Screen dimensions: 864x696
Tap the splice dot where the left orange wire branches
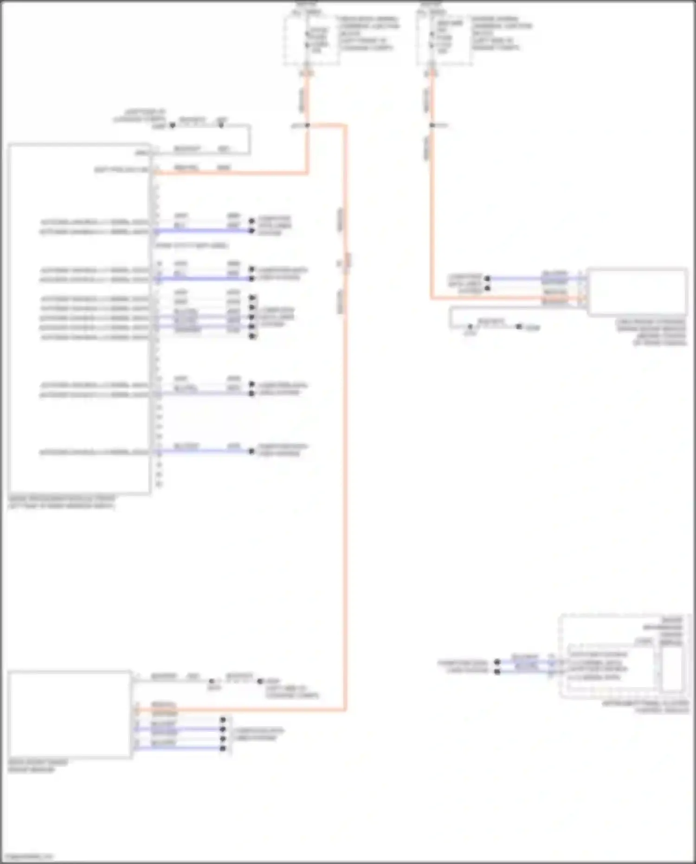(x=307, y=125)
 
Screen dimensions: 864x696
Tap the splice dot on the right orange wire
(x=432, y=125)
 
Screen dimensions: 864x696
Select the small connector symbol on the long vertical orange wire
(x=348, y=261)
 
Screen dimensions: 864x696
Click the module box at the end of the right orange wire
(x=637, y=292)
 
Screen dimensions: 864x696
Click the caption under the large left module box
(x=62, y=502)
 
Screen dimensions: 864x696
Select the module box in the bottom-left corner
(x=70, y=714)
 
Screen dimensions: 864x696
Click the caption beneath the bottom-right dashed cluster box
(x=645, y=707)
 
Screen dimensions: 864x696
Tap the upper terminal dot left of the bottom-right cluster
(x=497, y=662)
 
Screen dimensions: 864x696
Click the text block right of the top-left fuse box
(x=368, y=33)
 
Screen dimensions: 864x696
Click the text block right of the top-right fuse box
(x=501, y=33)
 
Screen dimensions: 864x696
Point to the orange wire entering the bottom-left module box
(x=241, y=710)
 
